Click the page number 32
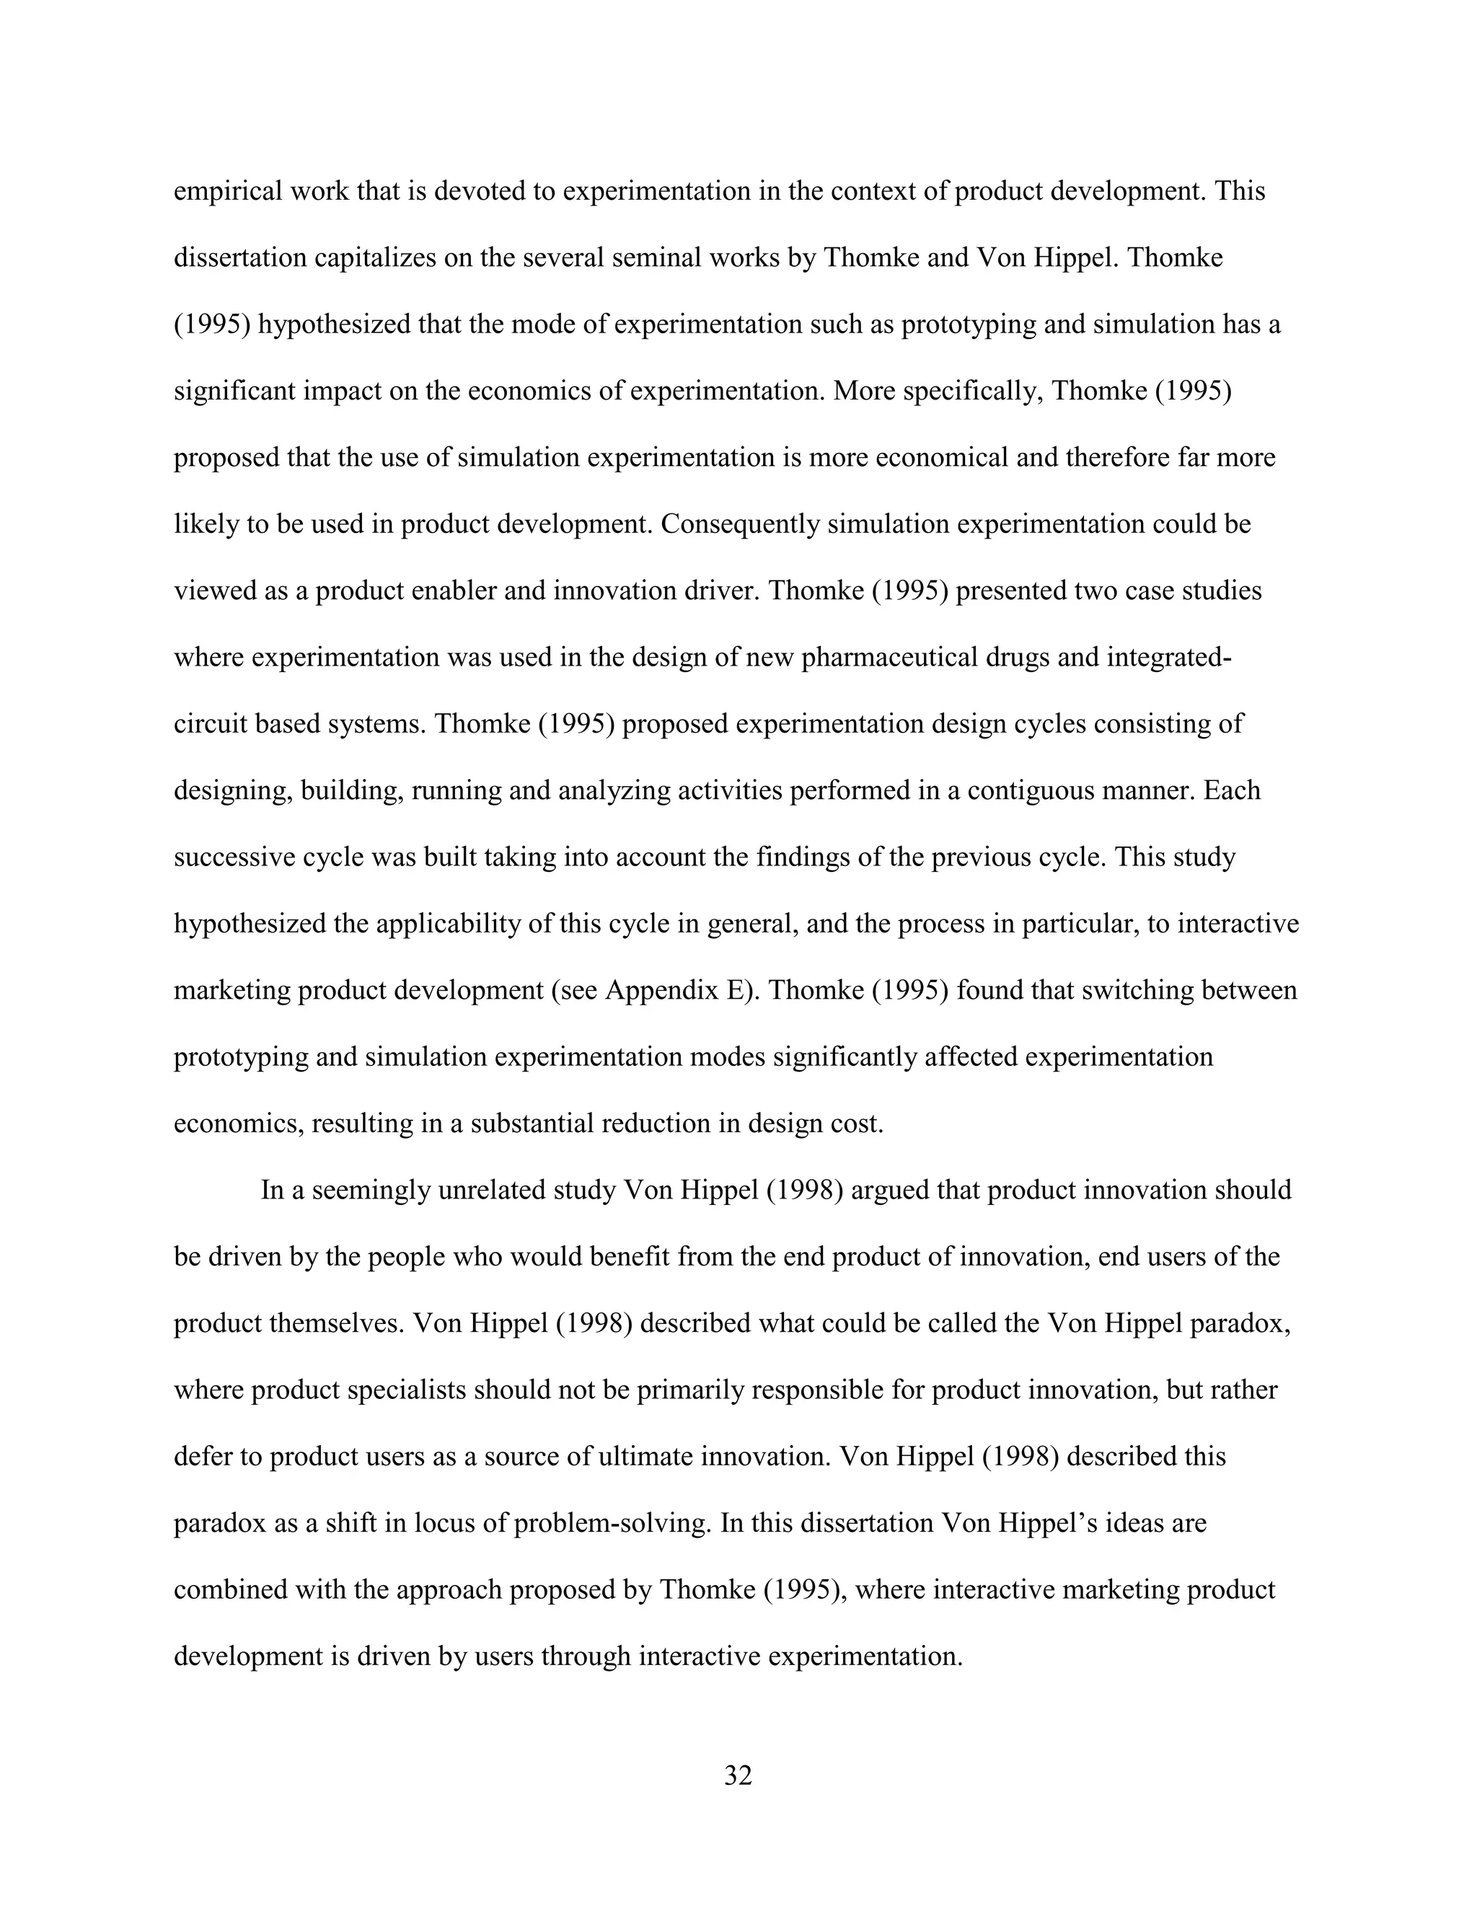click(738, 1775)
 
